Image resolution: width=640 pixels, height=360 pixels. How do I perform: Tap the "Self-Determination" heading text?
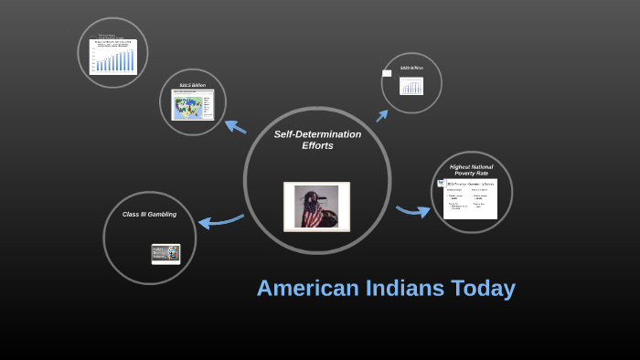[x=317, y=134]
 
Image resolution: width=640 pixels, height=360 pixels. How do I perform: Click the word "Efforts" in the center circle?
[x=317, y=146]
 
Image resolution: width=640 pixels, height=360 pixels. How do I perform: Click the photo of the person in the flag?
[x=316, y=206]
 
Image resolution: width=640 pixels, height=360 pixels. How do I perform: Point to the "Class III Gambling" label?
[x=149, y=215]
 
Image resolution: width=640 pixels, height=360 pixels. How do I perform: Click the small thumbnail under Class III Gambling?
[x=165, y=254]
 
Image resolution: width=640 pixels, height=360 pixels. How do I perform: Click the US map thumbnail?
[x=192, y=106]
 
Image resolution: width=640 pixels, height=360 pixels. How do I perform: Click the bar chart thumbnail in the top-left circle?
[x=112, y=56]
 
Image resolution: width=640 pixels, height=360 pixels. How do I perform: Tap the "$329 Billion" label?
[x=411, y=69]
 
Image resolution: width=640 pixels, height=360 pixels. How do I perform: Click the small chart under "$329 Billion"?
[x=411, y=86]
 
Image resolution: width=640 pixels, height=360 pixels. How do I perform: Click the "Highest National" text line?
[x=471, y=166]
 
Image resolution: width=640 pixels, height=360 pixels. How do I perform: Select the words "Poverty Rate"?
[x=471, y=174]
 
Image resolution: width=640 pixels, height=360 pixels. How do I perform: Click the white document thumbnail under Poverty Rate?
[x=470, y=198]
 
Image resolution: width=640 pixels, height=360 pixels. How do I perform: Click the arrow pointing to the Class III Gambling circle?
[x=219, y=220]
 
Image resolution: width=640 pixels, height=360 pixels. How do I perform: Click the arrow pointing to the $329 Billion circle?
[x=381, y=115]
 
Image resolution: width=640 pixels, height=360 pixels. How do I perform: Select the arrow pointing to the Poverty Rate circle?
[x=413, y=212]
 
